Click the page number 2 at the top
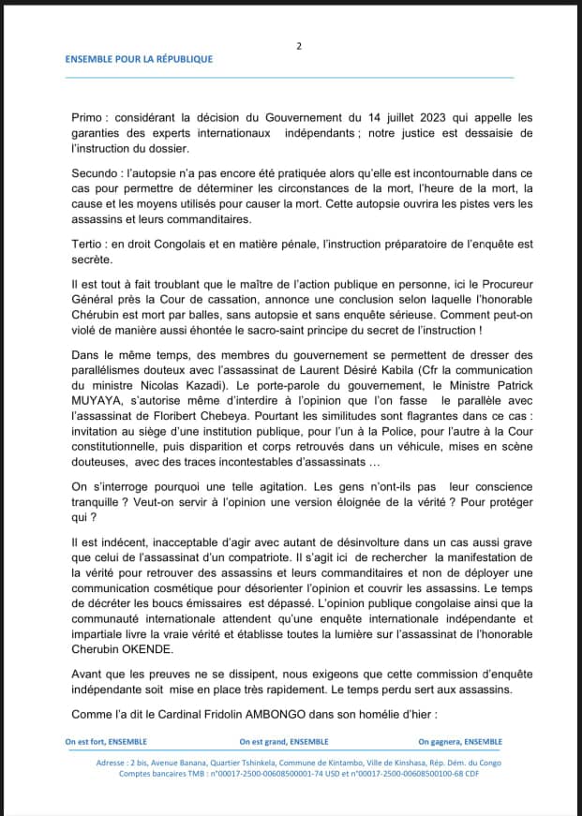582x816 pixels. point(299,45)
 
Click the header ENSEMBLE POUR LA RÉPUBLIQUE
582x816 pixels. point(139,59)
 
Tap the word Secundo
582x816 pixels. point(97,174)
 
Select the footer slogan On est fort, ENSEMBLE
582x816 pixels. point(106,741)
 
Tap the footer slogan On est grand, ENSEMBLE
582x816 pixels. point(276,741)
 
